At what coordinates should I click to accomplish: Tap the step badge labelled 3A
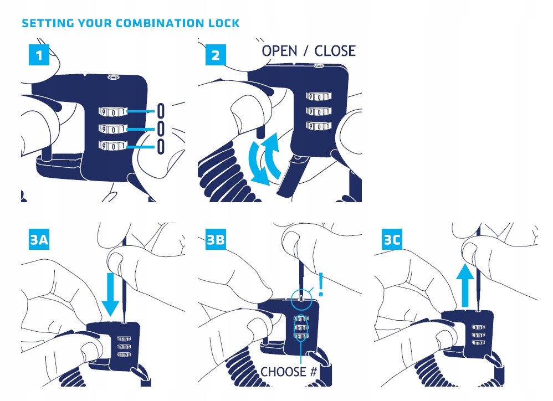click(38, 239)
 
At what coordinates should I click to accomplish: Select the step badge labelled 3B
click(216, 239)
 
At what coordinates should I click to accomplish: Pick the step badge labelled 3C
click(393, 239)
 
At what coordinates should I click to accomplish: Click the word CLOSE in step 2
click(335, 51)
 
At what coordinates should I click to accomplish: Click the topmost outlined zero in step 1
click(161, 110)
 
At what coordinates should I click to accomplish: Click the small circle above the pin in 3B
click(301, 297)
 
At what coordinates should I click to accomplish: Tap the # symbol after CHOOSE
click(313, 372)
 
